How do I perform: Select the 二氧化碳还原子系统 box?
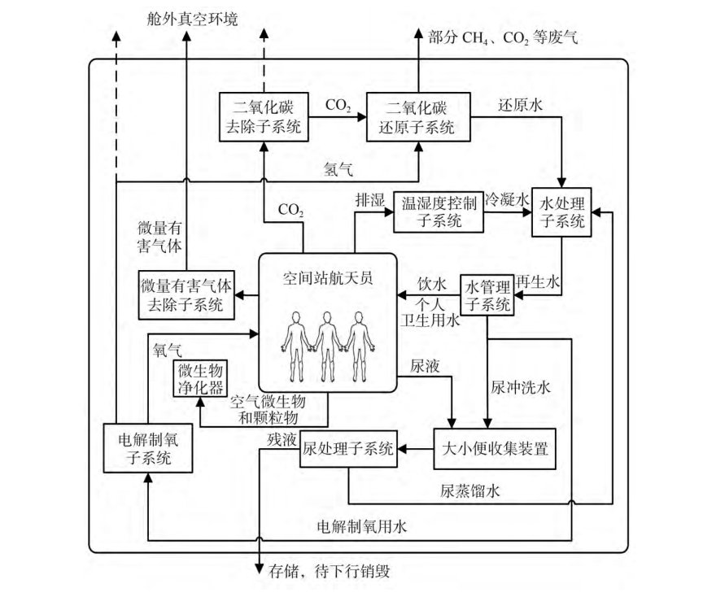[x=418, y=116]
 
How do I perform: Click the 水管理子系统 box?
[x=487, y=295]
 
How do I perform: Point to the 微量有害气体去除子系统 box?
[x=186, y=295]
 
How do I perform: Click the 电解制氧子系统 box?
[x=146, y=448]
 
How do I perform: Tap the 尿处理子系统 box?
[x=348, y=448]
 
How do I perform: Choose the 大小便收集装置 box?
[x=496, y=448]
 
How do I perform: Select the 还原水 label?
[x=514, y=106]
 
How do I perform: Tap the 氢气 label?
[x=338, y=168]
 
